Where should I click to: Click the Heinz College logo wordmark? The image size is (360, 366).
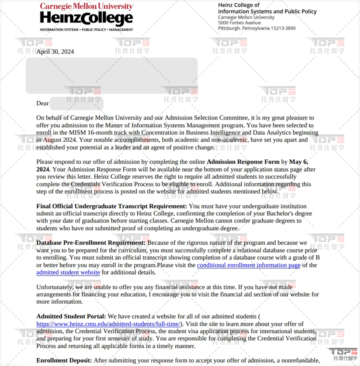tap(86, 19)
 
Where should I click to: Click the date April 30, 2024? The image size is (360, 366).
tap(55, 52)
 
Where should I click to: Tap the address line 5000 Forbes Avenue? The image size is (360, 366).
tap(239, 23)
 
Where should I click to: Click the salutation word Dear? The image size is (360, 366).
tap(43, 103)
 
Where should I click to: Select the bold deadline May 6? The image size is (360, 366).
tap(299, 162)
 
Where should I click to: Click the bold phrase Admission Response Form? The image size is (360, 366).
tap(243, 162)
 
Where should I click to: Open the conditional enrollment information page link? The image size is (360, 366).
tap(249, 265)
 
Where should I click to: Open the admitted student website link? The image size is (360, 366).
tap(68, 273)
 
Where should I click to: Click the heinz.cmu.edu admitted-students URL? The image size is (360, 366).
tap(109, 324)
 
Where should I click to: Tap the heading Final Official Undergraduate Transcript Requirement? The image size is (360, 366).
tap(111, 206)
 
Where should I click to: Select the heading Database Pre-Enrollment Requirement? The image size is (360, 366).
tap(91, 243)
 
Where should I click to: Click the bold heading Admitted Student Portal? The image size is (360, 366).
tap(71, 316)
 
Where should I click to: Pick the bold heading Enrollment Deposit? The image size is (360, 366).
tap(64, 360)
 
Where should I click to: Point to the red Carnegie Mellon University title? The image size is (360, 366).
tap(86, 6)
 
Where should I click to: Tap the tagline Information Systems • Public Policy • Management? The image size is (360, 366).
tap(86, 30)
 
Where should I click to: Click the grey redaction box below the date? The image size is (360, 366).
tap(111, 76)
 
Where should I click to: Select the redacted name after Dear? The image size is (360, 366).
tap(77, 103)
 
